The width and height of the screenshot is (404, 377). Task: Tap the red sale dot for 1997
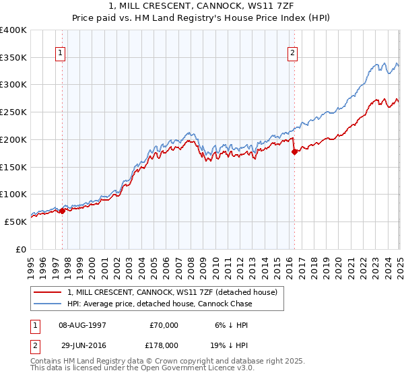click(x=62, y=211)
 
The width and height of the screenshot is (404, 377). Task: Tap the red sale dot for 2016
click(x=294, y=151)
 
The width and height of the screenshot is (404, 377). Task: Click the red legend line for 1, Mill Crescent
click(x=47, y=292)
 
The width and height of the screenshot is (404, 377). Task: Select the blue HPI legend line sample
click(x=47, y=304)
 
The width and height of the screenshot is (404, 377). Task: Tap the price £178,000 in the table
click(x=164, y=345)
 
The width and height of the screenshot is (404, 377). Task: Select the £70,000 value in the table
click(x=164, y=325)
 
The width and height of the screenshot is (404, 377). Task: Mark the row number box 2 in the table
click(x=34, y=345)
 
